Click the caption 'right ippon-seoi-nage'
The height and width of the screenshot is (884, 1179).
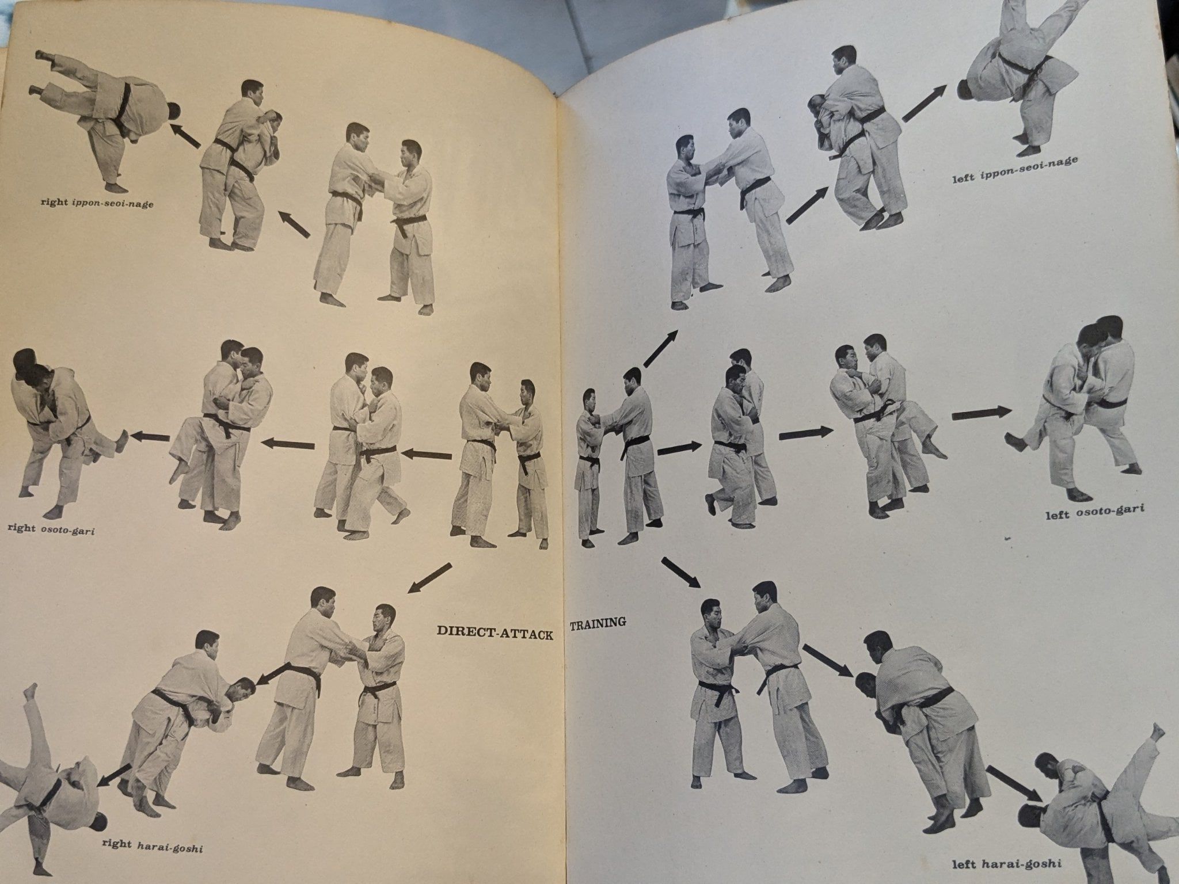tap(96, 203)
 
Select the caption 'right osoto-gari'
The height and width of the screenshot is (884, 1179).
tap(51, 527)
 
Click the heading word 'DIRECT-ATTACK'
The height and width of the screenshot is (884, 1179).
tap(494, 630)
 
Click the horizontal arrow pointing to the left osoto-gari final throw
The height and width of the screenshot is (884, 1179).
tap(982, 411)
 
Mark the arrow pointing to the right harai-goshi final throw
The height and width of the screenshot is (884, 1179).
tap(113, 774)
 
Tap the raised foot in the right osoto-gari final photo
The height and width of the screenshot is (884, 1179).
tap(120, 441)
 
